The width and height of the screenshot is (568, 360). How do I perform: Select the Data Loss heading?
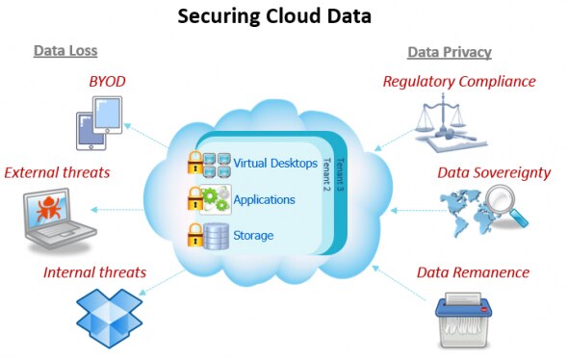tap(65, 50)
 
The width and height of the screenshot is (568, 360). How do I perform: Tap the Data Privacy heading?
tap(450, 50)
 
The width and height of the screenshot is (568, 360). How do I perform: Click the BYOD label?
tap(109, 83)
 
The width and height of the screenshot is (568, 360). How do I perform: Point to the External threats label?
tap(57, 173)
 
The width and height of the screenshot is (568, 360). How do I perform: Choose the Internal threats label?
tap(94, 272)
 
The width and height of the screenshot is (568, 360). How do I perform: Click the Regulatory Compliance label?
tap(458, 82)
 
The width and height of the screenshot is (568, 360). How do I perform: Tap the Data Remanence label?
tap(473, 272)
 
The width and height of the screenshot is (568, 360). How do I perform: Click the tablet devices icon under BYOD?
tap(103, 127)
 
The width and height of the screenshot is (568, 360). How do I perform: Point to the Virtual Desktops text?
tap(275, 164)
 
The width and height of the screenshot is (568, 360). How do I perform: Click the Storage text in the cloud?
tap(253, 235)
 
